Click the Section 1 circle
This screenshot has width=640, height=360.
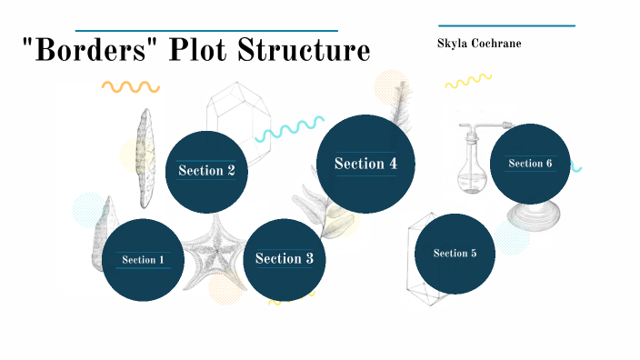(x=143, y=260)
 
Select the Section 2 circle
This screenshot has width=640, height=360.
(x=206, y=171)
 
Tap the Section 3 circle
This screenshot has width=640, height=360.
(x=285, y=259)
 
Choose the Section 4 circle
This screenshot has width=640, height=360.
(x=365, y=164)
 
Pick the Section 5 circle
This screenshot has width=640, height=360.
(x=455, y=254)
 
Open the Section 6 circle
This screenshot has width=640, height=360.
(x=530, y=164)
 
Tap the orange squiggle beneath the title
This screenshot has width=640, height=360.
(x=130, y=87)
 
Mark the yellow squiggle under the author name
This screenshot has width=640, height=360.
(x=468, y=82)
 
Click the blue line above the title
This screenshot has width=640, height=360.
(x=206, y=30)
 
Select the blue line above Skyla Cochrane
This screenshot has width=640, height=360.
(x=506, y=25)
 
